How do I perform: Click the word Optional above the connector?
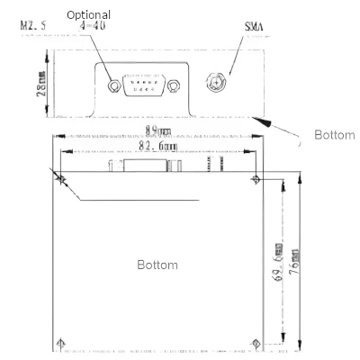coord(89,15)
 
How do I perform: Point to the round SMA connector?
coord(216,83)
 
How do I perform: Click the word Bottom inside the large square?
coord(157,265)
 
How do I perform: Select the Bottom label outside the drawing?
coord(334,136)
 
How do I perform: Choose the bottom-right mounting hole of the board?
coord(257,342)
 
